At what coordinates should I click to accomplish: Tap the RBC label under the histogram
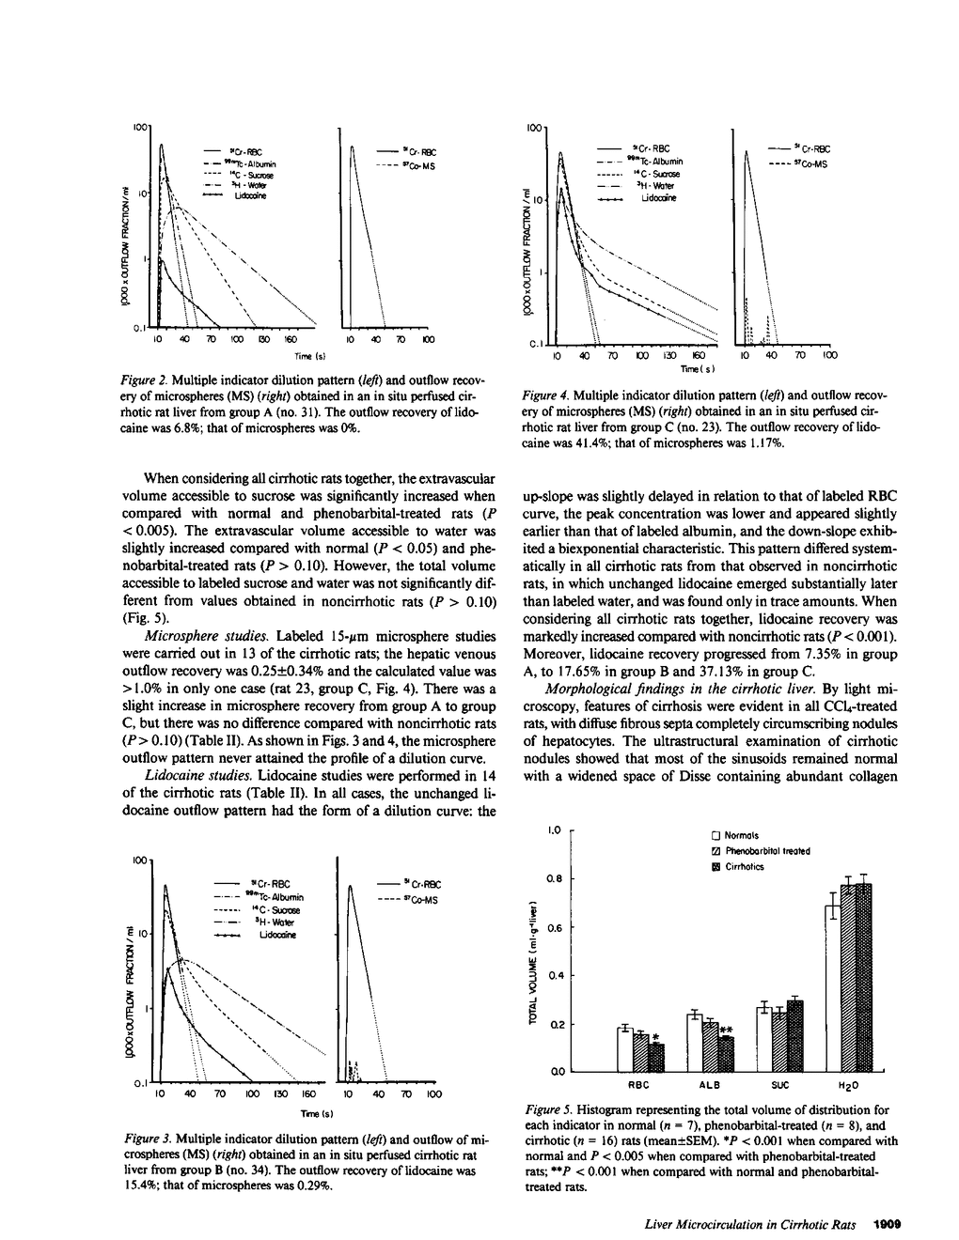(x=638, y=1085)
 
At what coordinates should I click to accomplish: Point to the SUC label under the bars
(x=779, y=1085)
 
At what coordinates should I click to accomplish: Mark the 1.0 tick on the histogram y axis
(x=556, y=830)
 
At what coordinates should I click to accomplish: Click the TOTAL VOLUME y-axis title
(x=532, y=964)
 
